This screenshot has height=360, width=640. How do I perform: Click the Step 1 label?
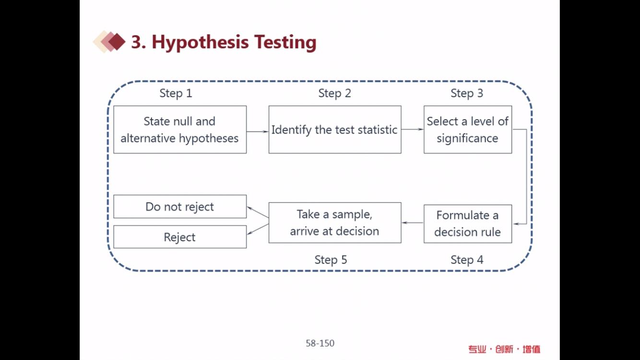[x=176, y=94]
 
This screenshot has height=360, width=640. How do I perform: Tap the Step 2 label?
[x=334, y=94]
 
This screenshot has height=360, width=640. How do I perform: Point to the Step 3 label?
[x=467, y=94]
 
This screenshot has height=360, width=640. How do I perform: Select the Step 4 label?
[x=467, y=260]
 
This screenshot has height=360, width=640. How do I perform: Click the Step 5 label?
[x=331, y=260]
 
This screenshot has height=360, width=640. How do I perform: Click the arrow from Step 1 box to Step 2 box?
[x=258, y=132]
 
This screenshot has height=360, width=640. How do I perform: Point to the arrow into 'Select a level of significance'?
[x=413, y=129]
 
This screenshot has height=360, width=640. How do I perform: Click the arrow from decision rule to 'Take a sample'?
[x=413, y=222]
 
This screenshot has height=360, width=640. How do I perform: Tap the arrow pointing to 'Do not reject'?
[x=258, y=212]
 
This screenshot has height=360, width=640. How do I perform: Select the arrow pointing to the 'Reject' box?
[x=258, y=229]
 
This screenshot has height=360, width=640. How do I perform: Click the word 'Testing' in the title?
[x=285, y=42]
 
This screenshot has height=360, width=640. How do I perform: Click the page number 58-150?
[x=320, y=343]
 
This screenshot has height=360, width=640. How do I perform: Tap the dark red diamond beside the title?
[x=117, y=42]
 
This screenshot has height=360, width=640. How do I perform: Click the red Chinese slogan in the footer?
[x=504, y=349]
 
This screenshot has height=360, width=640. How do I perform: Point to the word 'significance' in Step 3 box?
[x=467, y=139]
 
